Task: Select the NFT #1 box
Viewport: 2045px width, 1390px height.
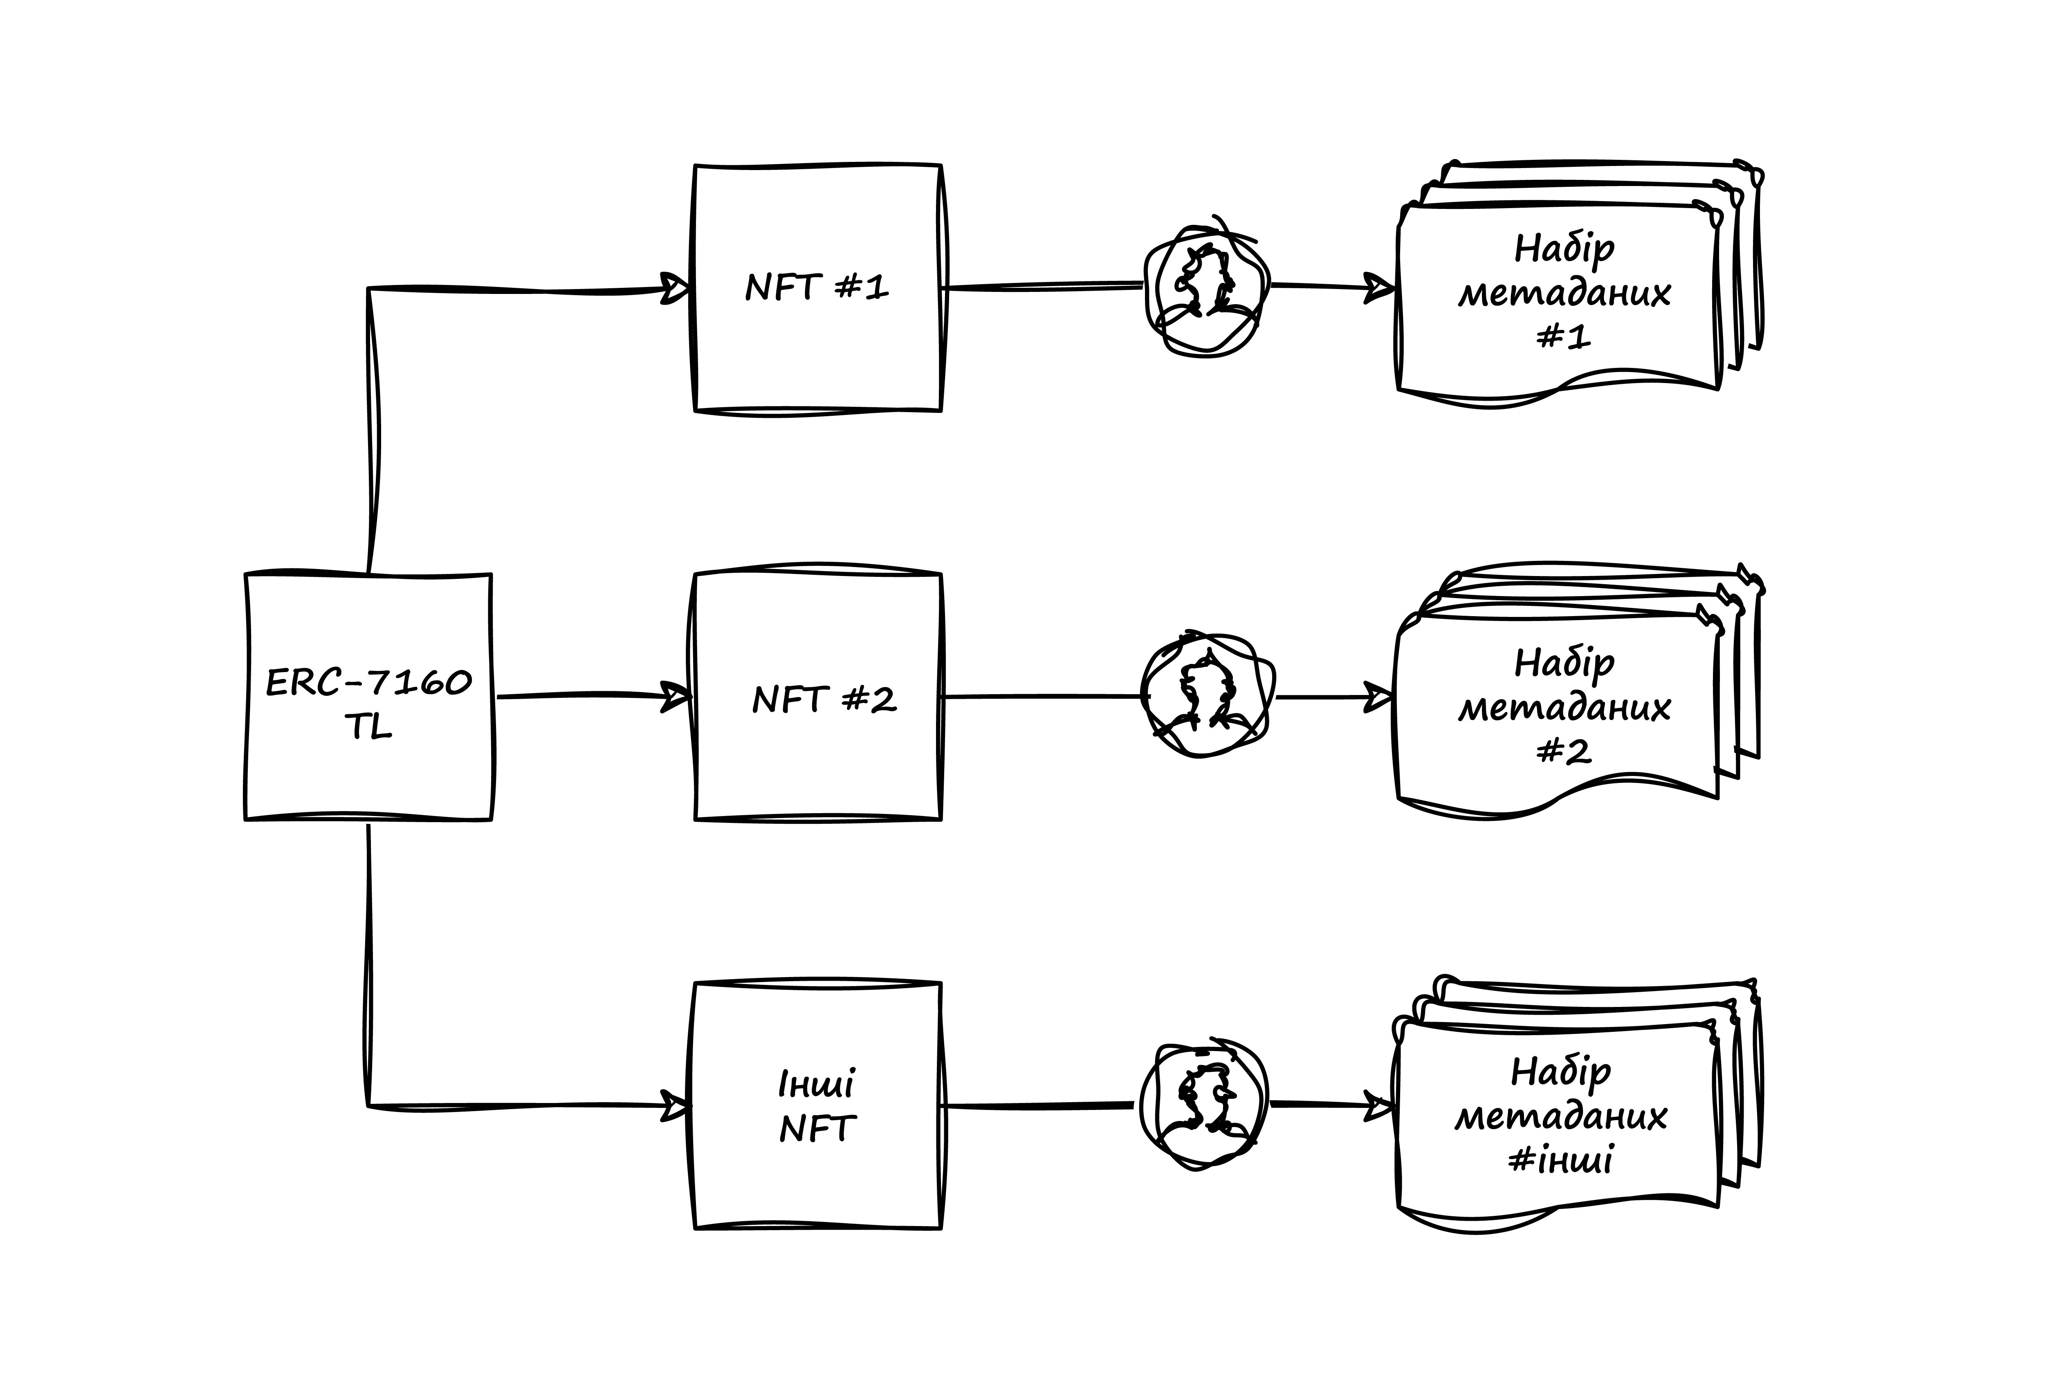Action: [817, 288]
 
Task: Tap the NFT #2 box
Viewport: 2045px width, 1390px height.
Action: [817, 697]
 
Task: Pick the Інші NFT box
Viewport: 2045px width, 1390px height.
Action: [817, 1106]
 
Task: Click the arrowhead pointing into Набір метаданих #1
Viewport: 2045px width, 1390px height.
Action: [1379, 287]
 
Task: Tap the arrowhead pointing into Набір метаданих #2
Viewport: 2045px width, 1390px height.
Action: [1379, 697]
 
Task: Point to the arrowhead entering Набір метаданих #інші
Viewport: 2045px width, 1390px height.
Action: [1379, 1106]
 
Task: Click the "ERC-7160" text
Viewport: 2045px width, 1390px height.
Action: [369, 683]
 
